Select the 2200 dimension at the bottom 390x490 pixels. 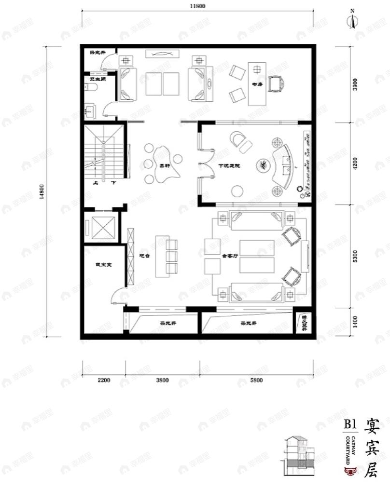pyautogui.click(x=104, y=380)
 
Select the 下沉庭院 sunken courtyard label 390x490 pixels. pyautogui.click(x=229, y=165)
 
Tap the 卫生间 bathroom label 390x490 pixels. pyautogui.click(x=95, y=79)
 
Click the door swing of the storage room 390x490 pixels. pyautogui.click(x=119, y=294)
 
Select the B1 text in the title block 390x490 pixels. pyautogui.click(x=350, y=425)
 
